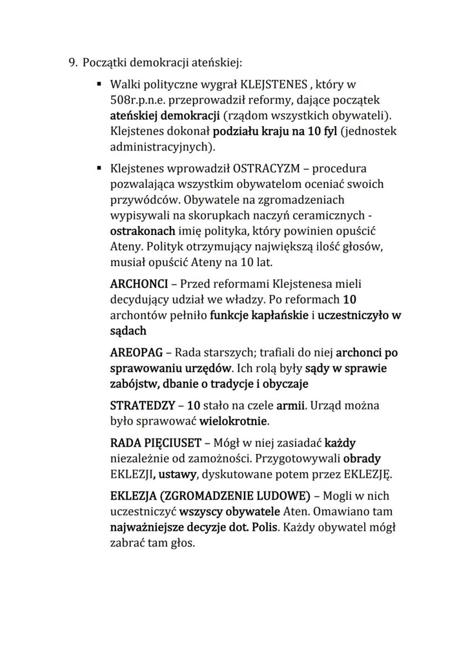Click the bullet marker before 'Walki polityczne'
tap(99, 85)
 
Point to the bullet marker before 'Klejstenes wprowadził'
tap(99, 168)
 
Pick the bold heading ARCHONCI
tap(139, 284)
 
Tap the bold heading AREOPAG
tap(137, 352)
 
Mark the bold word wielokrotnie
tap(234, 421)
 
